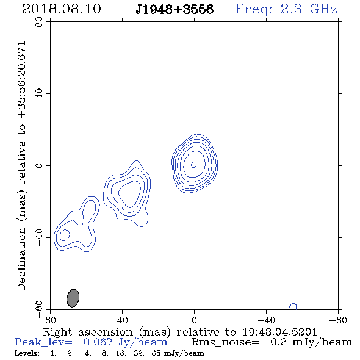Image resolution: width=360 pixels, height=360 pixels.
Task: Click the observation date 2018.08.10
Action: pyautogui.click(x=62, y=9)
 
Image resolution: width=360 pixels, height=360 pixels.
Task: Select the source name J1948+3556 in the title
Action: pyautogui.click(x=175, y=9)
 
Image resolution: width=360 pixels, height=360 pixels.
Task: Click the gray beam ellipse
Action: pyautogui.click(x=73, y=298)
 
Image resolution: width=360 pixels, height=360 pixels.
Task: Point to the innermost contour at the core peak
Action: pyautogui.click(x=194, y=164)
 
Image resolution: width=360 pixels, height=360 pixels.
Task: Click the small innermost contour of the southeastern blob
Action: pyautogui.click(x=65, y=235)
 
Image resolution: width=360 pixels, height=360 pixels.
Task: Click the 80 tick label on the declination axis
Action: pyautogui.click(x=39, y=22)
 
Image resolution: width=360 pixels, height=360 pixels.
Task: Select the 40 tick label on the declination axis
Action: pyautogui.click(x=39, y=94)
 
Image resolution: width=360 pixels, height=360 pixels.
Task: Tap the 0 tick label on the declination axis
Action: pyautogui.click(x=39, y=165)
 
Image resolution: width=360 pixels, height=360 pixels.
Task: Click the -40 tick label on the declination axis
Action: pyautogui.click(x=39, y=237)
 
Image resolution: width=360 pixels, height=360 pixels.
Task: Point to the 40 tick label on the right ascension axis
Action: pyautogui.click(x=122, y=320)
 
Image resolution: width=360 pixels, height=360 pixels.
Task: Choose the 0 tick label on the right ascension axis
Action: pyautogui.click(x=194, y=320)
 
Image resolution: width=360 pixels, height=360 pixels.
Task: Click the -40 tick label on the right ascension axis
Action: pyautogui.click(x=266, y=320)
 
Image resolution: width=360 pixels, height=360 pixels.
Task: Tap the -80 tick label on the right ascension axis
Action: pyautogui.click(x=338, y=320)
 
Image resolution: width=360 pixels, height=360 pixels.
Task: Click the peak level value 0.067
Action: pyautogui.click(x=98, y=342)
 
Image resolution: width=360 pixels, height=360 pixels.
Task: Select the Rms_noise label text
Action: pyautogui.click(x=225, y=342)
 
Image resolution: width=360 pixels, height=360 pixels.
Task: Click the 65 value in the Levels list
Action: pyautogui.click(x=156, y=353)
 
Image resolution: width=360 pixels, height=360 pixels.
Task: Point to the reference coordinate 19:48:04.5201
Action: pyautogui.click(x=279, y=332)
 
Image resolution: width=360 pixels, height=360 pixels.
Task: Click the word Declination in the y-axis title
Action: pyautogui.click(x=21, y=259)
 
